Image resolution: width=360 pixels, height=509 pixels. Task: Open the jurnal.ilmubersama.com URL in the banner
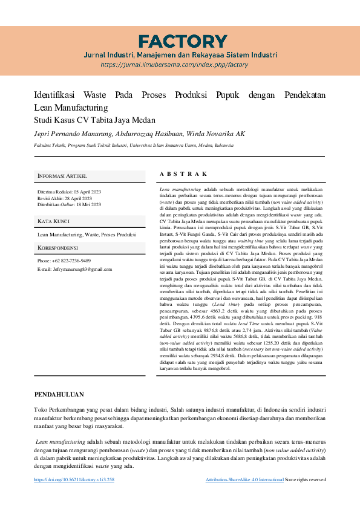click(x=174, y=65)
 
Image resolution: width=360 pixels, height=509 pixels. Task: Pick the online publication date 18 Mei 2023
click(x=83, y=204)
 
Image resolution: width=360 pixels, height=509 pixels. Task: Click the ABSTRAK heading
click(x=183, y=174)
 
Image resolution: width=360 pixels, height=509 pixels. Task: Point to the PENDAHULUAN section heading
click(x=59, y=394)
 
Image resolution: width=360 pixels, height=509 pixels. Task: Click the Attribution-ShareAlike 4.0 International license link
click(x=244, y=479)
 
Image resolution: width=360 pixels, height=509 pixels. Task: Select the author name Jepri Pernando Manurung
click(x=66, y=134)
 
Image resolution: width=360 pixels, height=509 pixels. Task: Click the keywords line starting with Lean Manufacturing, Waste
click(x=86, y=234)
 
